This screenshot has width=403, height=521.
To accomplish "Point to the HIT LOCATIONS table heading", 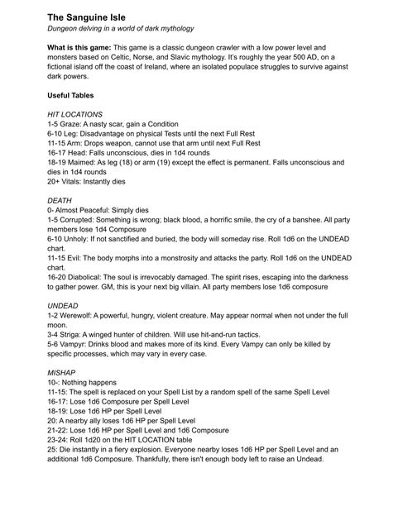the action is point(75,114).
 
